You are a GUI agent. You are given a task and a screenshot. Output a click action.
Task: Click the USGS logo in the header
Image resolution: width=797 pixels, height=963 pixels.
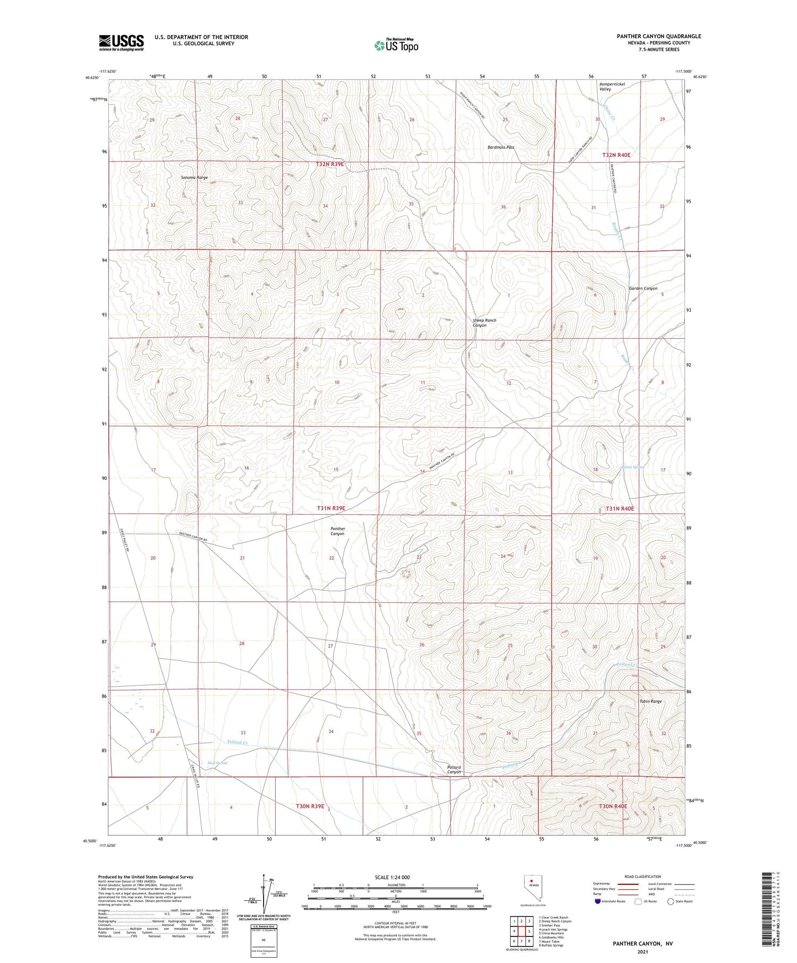(x=121, y=42)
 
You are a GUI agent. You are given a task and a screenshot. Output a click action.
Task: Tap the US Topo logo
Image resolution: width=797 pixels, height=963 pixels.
(x=396, y=46)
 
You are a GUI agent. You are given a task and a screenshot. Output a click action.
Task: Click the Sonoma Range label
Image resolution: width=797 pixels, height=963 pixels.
(x=194, y=177)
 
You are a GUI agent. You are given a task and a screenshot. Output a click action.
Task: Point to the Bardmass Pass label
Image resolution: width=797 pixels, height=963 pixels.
(x=501, y=147)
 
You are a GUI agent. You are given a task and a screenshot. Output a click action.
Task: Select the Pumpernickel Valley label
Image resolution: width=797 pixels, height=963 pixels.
(x=612, y=87)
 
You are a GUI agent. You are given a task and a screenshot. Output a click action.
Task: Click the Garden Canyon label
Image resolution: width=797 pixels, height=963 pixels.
(x=643, y=288)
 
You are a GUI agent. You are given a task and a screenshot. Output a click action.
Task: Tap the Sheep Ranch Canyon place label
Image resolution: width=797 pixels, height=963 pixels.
(x=484, y=322)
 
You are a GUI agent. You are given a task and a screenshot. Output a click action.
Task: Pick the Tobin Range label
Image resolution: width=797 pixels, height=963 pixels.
(x=650, y=701)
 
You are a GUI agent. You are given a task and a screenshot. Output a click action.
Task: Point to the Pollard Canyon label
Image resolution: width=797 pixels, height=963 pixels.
(x=453, y=769)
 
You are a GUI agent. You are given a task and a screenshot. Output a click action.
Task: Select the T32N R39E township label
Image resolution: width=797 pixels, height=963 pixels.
(x=329, y=165)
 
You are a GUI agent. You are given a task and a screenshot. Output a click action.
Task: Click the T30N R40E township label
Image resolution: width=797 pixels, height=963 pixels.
(x=613, y=806)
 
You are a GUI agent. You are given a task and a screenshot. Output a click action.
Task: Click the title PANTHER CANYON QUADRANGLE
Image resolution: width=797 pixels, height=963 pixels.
(x=659, y=36)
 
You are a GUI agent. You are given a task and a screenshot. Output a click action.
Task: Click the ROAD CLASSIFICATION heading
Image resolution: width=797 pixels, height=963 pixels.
(x=643, y=876)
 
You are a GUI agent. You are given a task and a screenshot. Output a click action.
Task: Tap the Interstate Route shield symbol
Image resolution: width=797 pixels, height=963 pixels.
(x=598, y=901)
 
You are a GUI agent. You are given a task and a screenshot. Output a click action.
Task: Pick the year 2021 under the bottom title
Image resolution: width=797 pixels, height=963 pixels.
(x=642, y=951)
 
